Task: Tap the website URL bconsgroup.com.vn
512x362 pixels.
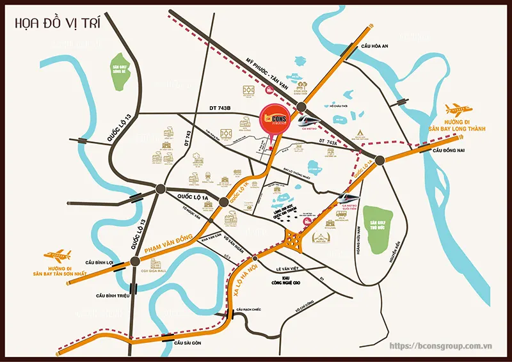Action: [x=440, y=346]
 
